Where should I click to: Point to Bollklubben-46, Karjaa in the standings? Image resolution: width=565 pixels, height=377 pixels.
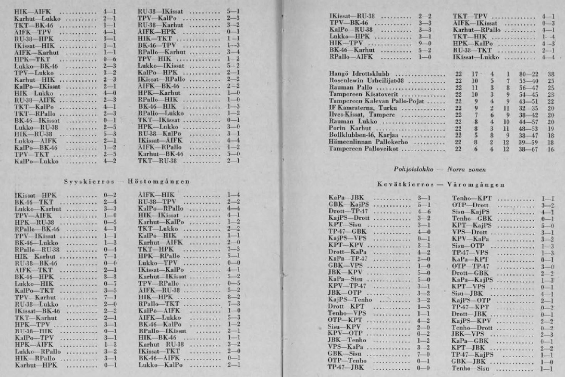point(362,134)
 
